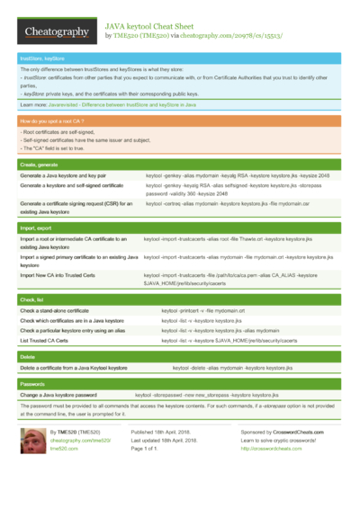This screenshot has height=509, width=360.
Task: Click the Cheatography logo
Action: pos(56,31)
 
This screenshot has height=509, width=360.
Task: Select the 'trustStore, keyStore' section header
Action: pos(41,58)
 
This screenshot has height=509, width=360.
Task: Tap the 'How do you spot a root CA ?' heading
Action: pos(52,120)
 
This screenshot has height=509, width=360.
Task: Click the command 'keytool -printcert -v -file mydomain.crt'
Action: pos(202,309)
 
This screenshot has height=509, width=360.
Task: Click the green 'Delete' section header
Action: pos(28,356)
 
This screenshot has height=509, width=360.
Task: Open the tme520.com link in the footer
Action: pos(65,448)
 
